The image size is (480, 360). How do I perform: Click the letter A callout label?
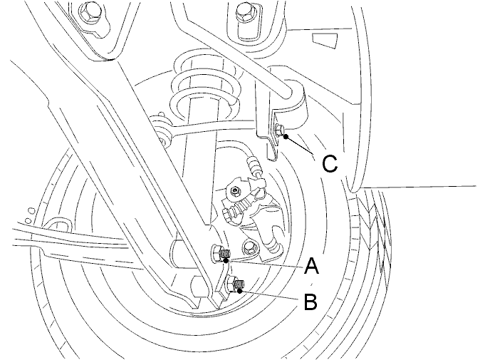tap(312, 266)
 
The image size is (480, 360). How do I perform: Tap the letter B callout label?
tap(311, 301)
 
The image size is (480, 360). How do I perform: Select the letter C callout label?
tap(330, 163)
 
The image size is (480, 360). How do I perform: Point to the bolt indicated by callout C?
tap(280, 130)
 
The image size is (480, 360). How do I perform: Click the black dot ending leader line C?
tap(286, 137)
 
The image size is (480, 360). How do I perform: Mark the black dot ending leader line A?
tap(226, 260)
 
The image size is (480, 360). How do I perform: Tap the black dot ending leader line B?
tap(240, 290)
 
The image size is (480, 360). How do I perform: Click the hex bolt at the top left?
tap(90, 11)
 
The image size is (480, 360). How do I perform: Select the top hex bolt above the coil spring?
tap(245, 11)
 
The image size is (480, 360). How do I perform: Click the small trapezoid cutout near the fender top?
tap(325, 41)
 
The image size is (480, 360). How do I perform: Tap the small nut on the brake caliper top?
tap(235, 192)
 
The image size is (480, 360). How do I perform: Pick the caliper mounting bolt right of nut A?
tap(249, 246)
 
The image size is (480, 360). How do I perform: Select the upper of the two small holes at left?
tap(31, 210)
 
